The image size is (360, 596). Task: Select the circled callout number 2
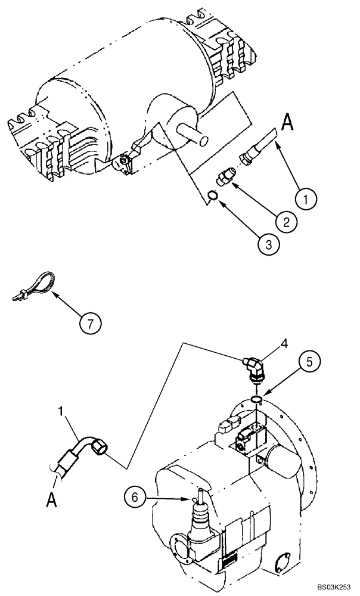[x=286, y=222]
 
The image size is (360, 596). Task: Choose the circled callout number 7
[x=90, y=323]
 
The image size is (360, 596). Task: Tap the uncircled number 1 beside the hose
[x=62, y=411]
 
